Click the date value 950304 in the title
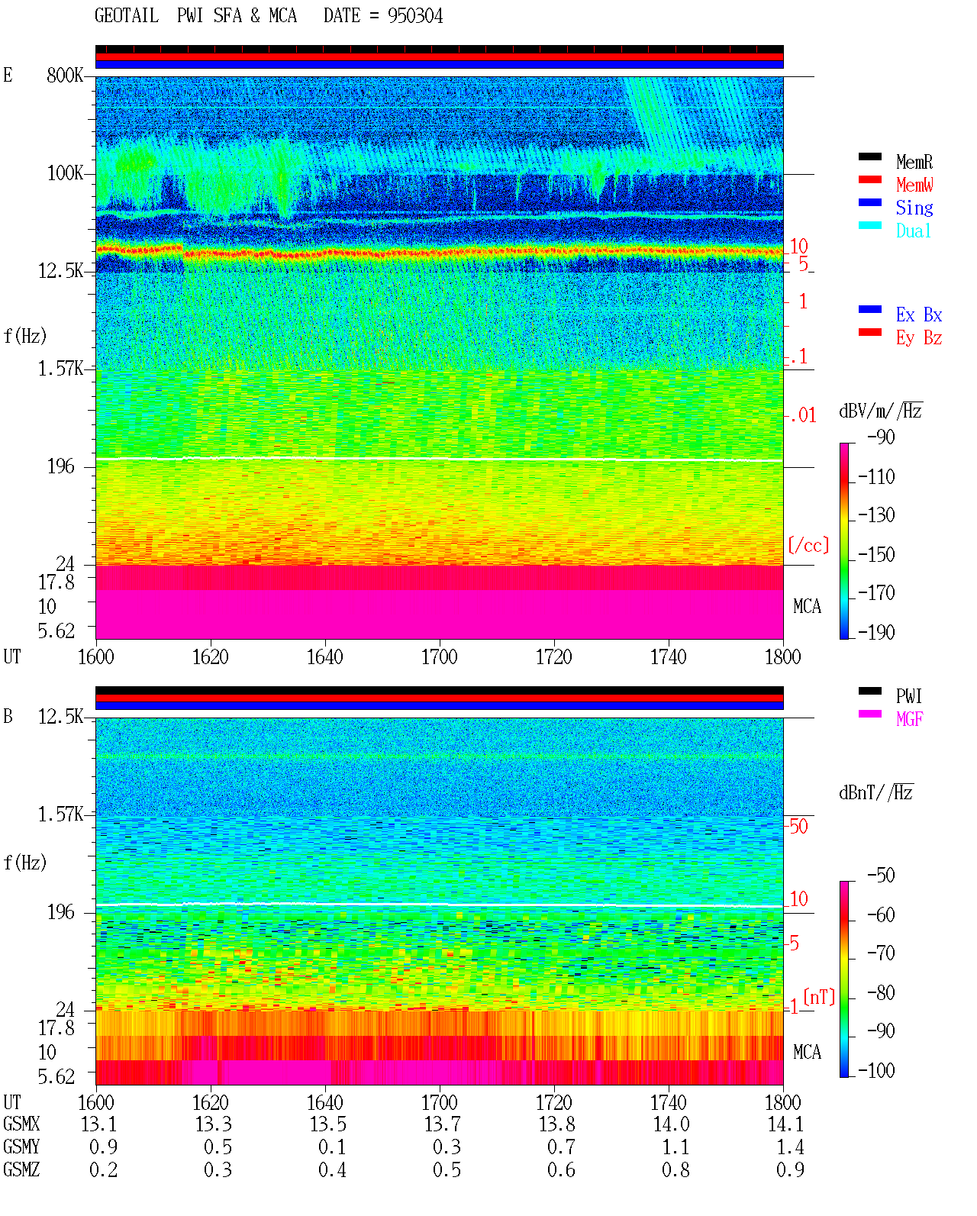(x=414, y=16)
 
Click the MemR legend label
(x=914, y=162)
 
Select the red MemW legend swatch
(x=869, y=179)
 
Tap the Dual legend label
(x=913, y=231)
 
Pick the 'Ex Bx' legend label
(x=919, y=314)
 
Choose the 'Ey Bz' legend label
(x=919, y=338)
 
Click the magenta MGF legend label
(x=909, y=719)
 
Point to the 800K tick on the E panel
(x=65, y=75)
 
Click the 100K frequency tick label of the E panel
(x=65, y=173)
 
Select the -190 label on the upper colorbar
(x=876, y=632)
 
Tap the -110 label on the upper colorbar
(x=876, y=478)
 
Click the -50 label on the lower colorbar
(x=881, y=876)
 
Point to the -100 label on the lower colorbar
(x=876, y=1070)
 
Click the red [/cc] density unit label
(x=808, y=545)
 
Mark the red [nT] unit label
(x=819, y=997)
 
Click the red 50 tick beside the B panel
(x=798, y=827)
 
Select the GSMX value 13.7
(x=443, y=1124)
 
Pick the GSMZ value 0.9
(x=790, y=1169)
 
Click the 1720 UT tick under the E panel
(x=554, y=657)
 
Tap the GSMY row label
(x=21, y=1147)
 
